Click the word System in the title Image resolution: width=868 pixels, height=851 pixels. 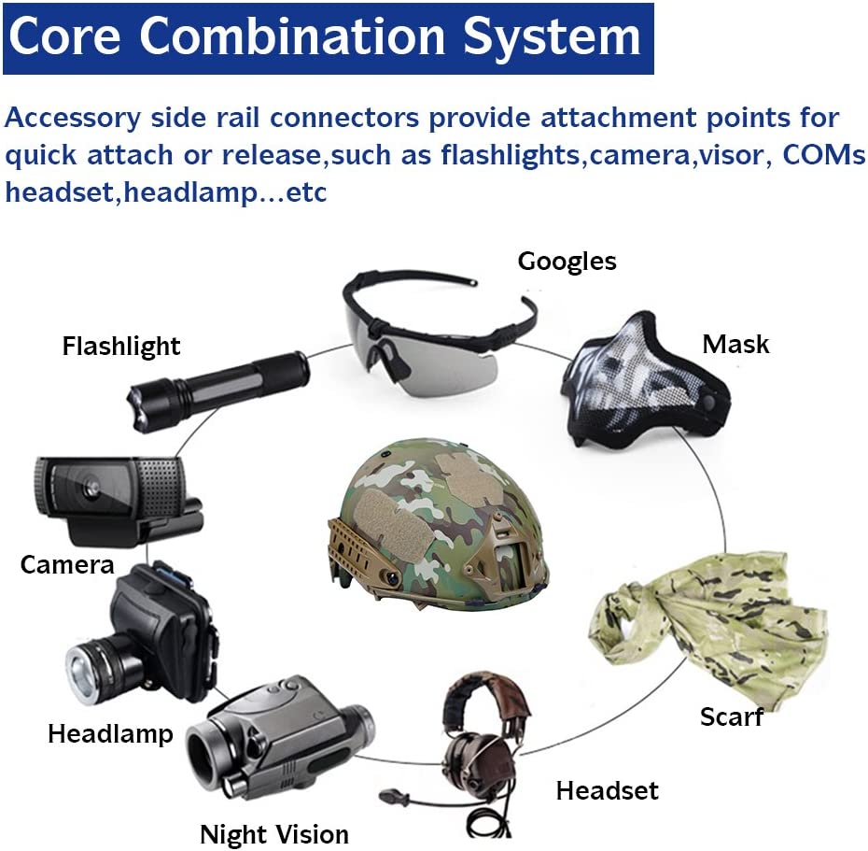click(553, 36)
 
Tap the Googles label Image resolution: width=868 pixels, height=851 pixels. click(567, 262)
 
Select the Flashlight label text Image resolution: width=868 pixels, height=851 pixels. click(121, 347)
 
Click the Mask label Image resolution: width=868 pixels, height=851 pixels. click(735, 344)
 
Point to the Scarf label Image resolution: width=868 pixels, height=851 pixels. click(732, 716)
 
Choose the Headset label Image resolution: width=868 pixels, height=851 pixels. click(608, 790)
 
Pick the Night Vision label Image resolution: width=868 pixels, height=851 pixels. click(274, 834)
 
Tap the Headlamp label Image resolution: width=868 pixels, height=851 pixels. click(110, 734)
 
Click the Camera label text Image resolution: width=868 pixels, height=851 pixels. click(67, 565)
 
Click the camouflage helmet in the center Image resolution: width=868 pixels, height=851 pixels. click(438, 524)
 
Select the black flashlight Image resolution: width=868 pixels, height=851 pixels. click(218, 390)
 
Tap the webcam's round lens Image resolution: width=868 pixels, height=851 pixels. click(91, 489)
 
